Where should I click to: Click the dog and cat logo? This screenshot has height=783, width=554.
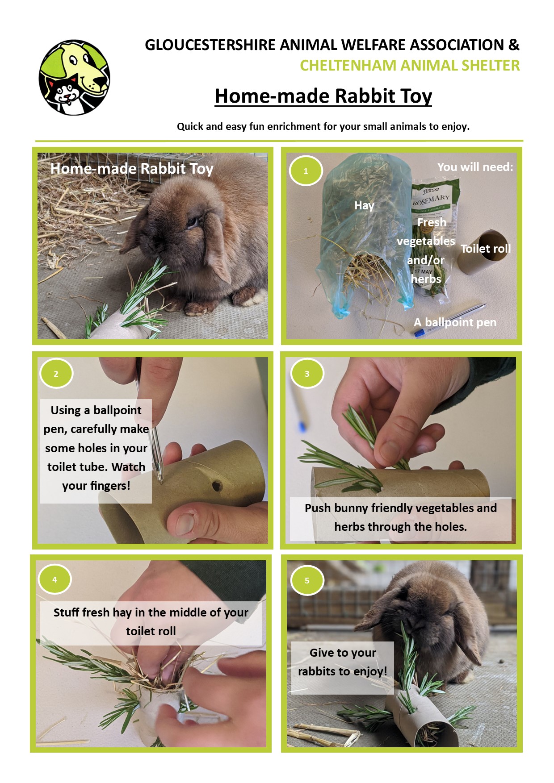click(x=74, y=77)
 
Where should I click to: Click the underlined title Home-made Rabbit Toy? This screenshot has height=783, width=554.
click(x=323, y=96)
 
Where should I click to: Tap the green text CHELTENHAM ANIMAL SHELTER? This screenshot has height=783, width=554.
click(x=410, y=66)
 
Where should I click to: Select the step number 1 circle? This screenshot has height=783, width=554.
click(x=306, y=171)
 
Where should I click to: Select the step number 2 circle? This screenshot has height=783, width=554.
click(x=56, y=374)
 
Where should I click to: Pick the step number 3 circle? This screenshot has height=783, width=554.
click(x=307, y=374)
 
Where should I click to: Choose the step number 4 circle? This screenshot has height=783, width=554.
click(x=55, y=579)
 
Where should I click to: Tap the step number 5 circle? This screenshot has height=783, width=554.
click(x=307, y=580)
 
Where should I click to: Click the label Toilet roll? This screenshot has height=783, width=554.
click(x=486, y=249)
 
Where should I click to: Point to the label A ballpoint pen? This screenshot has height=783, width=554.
click(x=455, y=322)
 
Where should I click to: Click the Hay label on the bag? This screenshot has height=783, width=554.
click(x=364, y=205)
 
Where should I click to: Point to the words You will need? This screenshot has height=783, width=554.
click(x=475, y=167)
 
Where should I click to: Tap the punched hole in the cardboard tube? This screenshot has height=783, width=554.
click(x=218, y=485)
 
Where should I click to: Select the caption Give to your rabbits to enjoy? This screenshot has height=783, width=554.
click(x=343, y=662)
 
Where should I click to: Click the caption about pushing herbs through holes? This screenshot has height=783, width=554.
click(x=400, y=517)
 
